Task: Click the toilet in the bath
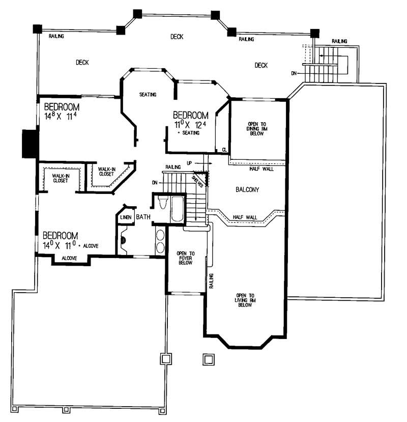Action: [162, 203]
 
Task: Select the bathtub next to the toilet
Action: [177, 209]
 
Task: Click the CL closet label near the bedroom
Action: [224, 150]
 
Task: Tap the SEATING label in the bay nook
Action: [148, 95]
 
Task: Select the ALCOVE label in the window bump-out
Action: [69, 259]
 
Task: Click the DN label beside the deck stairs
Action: [294, 73]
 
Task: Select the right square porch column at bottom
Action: [208, 359]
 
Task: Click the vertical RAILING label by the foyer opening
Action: [211, 281]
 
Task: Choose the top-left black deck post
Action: [37, 29]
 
